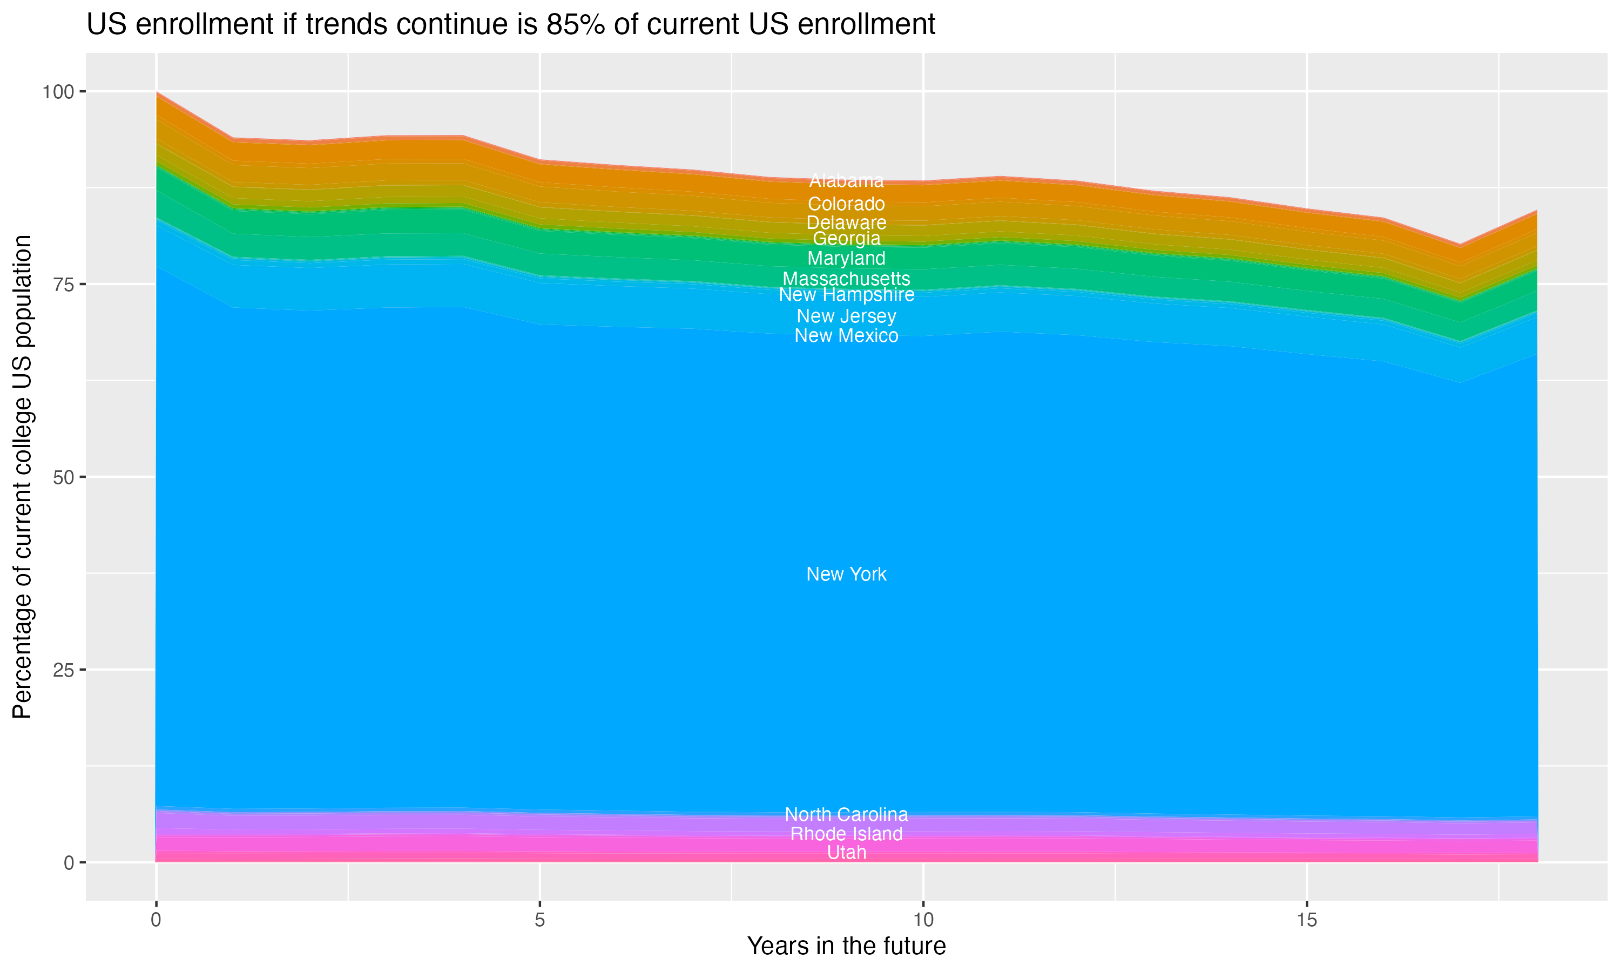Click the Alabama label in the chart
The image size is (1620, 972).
pyautogui.click(x=846, y=181)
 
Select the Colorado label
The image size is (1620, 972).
pyautogui.click(x=846, y=204)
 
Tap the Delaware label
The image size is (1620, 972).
pyautogui.click(x=846, y=222)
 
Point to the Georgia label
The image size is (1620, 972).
pyautogui.click(x=846, y=239)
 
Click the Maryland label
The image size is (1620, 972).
pyautogui.click(x=846, y=258)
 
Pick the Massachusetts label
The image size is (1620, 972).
pyautogui.click(x=846, y=278)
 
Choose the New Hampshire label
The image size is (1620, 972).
pyautogui.click(x=846, y=295)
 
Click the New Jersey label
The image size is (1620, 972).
pyautogui.click(x=846, y=316)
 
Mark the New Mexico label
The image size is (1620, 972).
pyautogui.click(x=846, y=335)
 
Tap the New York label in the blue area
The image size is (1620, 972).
pyautogui.click(x=846, y=574)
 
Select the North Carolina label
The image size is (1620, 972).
pyautogui.click(x=846, y=814)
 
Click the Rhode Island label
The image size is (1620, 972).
pyautogui.click(x=846, y=834)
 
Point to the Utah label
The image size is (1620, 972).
pyautogui.click(x=846, y=852)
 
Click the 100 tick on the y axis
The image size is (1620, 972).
pyautogui.click(x=58, y=92)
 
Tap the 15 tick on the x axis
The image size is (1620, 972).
pyautogui.click(x=1306, y=920)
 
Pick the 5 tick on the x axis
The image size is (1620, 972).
pyautogui.click(x=539, y=920)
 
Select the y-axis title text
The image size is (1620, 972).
pyautogui.click(x=22, y=476)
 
